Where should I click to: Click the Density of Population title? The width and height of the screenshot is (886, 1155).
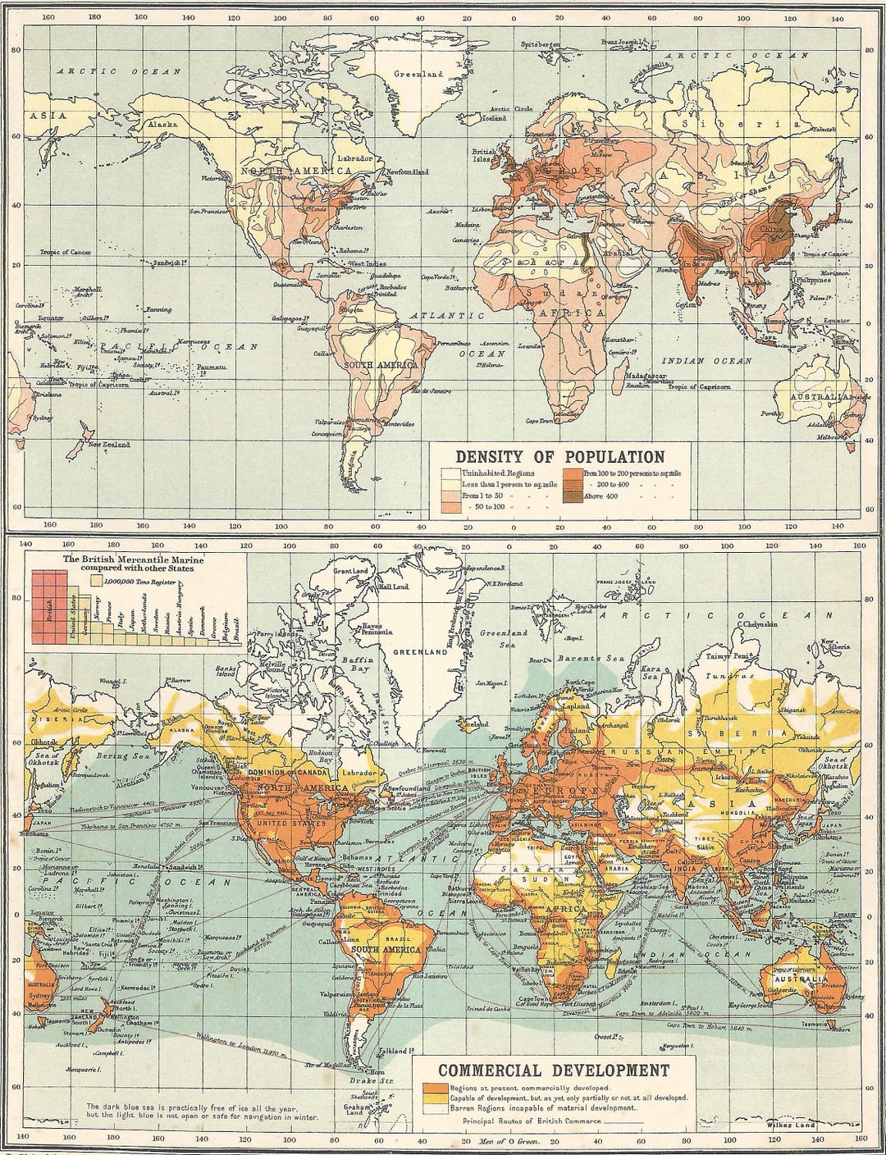pyautogui.click(x=560, y=456)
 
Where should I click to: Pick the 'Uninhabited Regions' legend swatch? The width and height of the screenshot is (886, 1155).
pyautogui.click(x=450, y=473)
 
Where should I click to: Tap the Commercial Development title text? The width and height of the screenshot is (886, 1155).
pyautogui.click(x=553, y=1070)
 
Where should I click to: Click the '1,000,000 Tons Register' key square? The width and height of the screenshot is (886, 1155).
pyautogui.click(x=96, y=580)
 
